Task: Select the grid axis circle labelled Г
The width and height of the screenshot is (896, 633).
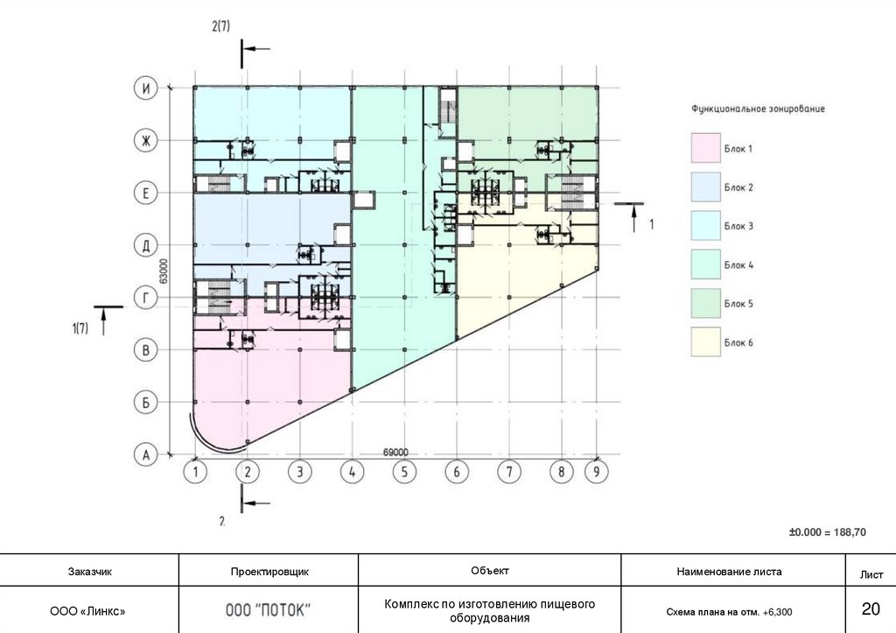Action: (144, 299)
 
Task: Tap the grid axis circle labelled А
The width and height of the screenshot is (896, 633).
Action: (144, 455)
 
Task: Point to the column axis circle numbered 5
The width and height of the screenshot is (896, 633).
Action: (403, 473)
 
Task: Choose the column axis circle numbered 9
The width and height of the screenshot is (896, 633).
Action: (597, 473)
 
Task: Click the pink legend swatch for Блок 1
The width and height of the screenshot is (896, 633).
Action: (704, 149)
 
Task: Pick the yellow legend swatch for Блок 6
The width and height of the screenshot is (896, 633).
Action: (704, 342)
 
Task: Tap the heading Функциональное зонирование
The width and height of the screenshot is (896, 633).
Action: (758, 109)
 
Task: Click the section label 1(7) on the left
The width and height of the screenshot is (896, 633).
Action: (80, 328)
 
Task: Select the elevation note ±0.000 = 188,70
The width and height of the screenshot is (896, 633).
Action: (827, 531)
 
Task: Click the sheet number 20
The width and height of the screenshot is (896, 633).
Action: (871, 609)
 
